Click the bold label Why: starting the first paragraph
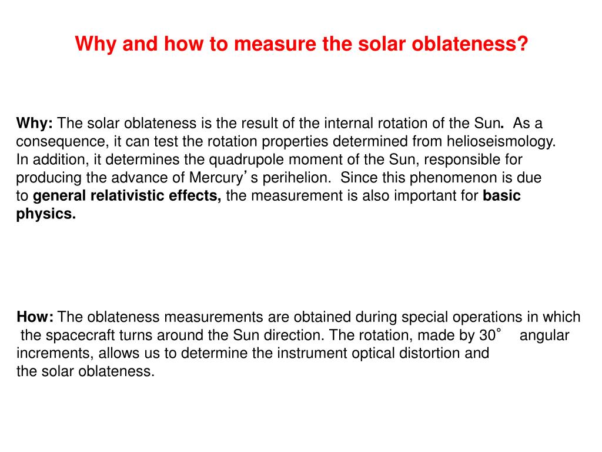pyautogui.click(x=35, y=124)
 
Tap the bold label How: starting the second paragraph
pyautogui.click(x=35, y=317)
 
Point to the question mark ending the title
pyautogui.click(x=523, y=44)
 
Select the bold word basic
pyautogui.click(x=501, y=196)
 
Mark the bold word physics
pyautogui.click(x=46, y=214)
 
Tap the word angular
pyautogui.click(x=544, y=335)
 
